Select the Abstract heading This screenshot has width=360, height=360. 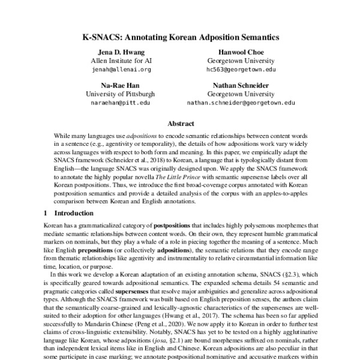pos(180,124)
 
